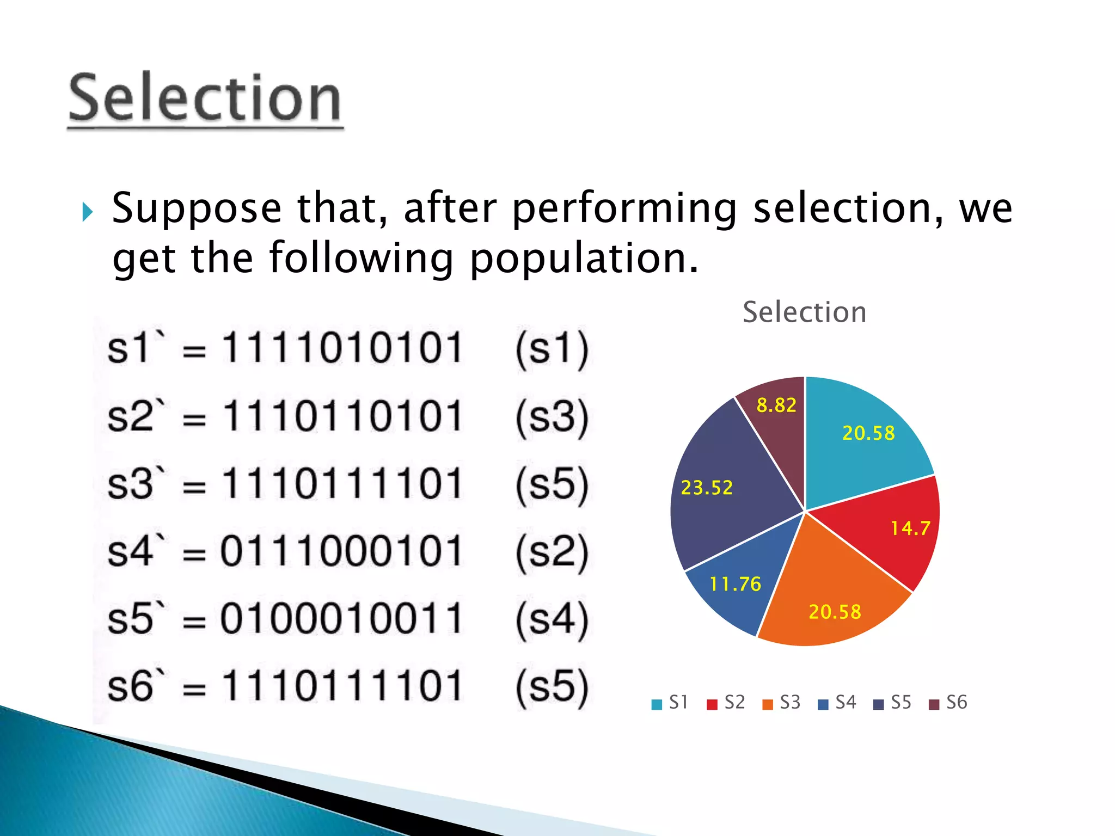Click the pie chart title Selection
[804, 312]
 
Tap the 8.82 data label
[776, 405]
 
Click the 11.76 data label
[735, 585]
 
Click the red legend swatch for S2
[712, 704]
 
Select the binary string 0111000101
[341, 551]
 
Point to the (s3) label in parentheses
[552, 417]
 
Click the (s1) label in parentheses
[552, 349]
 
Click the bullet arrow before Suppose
[87, 212]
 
